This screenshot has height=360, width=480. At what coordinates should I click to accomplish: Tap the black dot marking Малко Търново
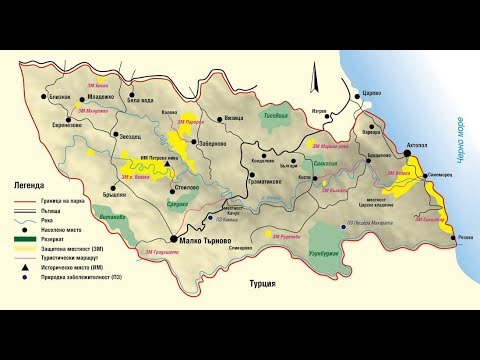[174, 240]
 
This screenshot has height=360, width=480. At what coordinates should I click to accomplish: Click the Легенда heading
[29, 186]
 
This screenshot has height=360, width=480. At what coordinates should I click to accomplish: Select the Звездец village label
[132, 135]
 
